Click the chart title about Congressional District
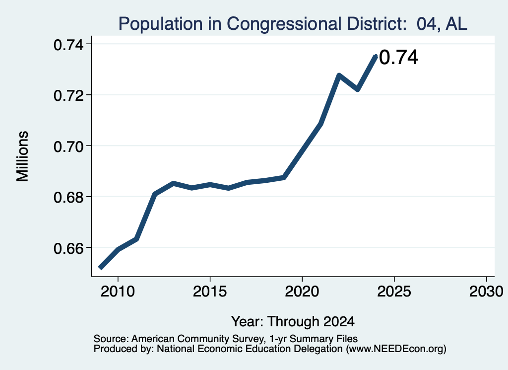click(x=293, y=24)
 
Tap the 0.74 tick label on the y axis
click(x=68, y=45)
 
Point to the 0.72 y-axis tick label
click(x=68, y=96)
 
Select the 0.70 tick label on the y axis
click(x=68, y=147)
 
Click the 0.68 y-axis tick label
click(x=68, y=197)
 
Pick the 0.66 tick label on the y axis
click(x=68, y=248)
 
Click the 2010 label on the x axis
click(x=118, y=291)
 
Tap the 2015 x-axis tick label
click(x=210, y=291)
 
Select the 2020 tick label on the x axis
click(x=302, y=291)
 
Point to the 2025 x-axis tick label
click(x=394, y=291)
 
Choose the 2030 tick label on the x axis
click(x=486, y=291)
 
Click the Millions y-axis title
click(x=22, y=156)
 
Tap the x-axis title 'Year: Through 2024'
click(x=293, y=321)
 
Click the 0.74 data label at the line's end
click(x=398, y=58)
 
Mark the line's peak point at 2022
click(x=339, y=75)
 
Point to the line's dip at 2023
click(x=357, y=89)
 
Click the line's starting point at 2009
click(x=100, y=268)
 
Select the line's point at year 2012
click(x=155, y=194)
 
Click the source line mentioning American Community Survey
click(x=226, y=339)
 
